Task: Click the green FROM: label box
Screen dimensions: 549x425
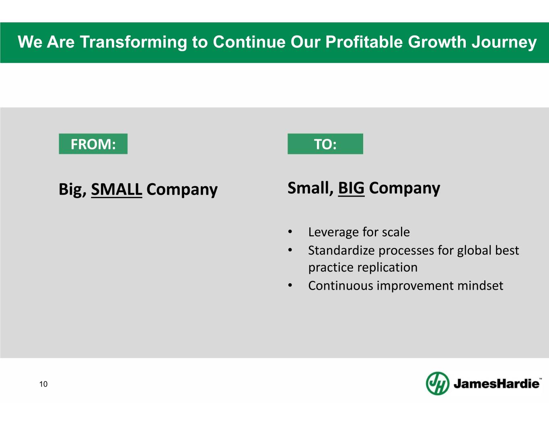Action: click(x=93, y=144)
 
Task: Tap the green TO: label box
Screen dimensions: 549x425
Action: click(x=325, y=144)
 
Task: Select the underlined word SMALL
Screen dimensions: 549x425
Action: click(x=117, y=189)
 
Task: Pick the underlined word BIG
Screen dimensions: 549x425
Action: click(x=351, y=188)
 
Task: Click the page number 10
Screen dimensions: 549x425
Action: click(x=43, y=384)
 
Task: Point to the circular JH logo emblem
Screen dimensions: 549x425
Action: click(x=438, y=383)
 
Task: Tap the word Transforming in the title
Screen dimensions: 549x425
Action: click(x=134, y=42)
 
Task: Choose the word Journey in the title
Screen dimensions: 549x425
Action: click(x=504, y=42)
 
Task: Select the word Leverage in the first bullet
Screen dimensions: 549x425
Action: click(x=334, y=232)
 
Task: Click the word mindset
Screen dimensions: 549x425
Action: click(x=480, y=286)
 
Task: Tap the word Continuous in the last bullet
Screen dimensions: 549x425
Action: click(x=341, y=286)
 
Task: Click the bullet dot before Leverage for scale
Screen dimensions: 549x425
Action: click(x=290, y=232)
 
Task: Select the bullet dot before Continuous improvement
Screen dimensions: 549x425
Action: click(x=290, y=286)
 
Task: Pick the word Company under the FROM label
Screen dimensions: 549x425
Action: click(x=182, y=190)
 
